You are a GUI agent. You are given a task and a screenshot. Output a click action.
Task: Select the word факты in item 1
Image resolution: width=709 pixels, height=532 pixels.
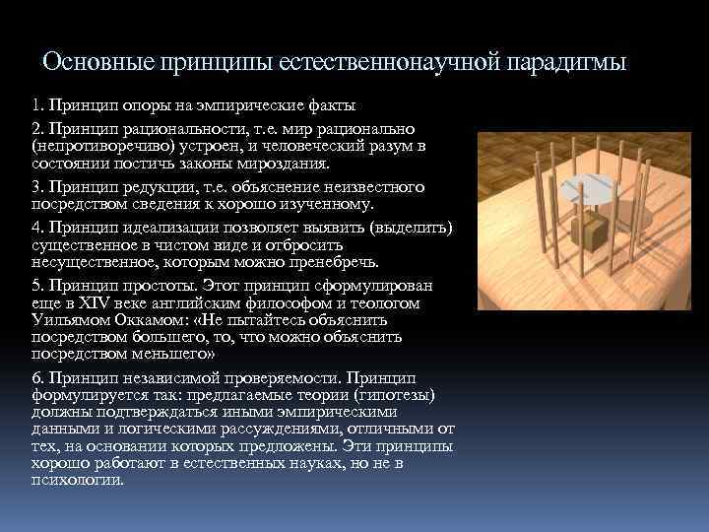(330, 105)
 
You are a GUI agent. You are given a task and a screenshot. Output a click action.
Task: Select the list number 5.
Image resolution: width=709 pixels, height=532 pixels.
(36, 285)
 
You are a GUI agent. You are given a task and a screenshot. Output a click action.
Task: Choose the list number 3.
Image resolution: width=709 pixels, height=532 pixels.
(36, 186)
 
